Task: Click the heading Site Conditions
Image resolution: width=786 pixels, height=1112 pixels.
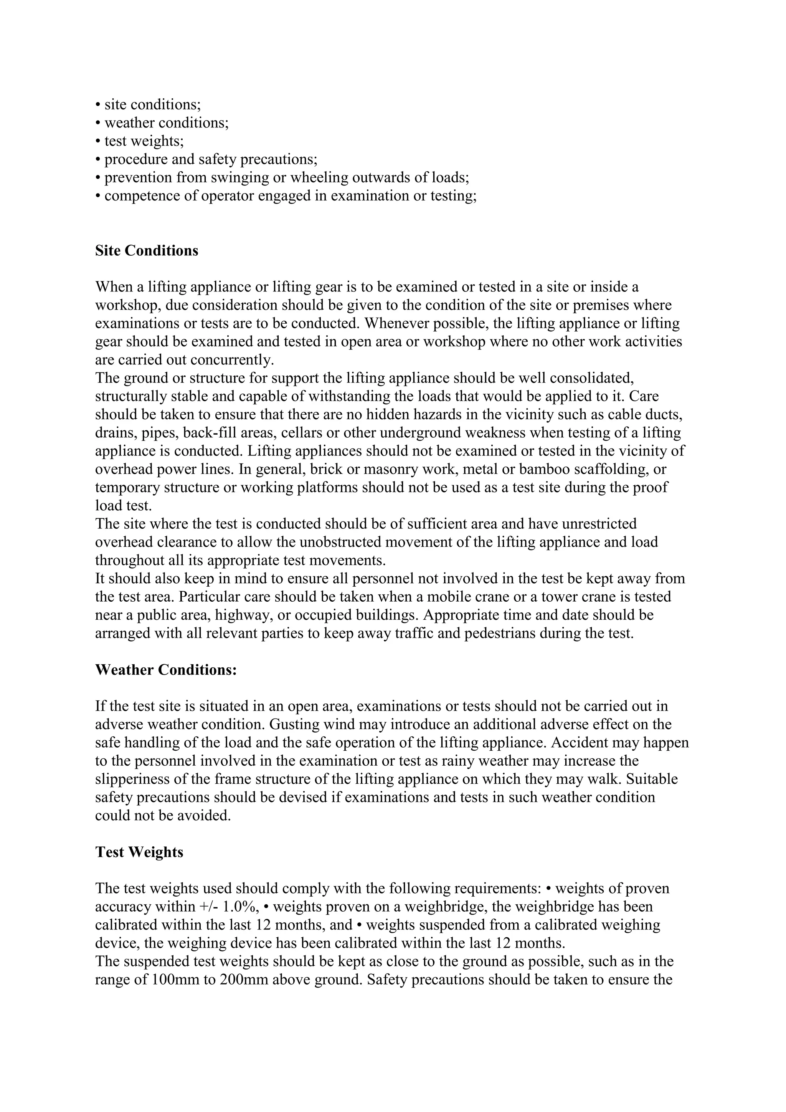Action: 147,251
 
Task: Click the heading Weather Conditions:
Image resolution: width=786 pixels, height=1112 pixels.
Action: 166,670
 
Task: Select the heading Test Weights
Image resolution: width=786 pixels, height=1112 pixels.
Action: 139,852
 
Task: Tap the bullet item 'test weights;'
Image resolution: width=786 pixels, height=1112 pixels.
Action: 144,141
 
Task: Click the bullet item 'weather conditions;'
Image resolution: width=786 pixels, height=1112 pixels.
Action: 166,123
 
